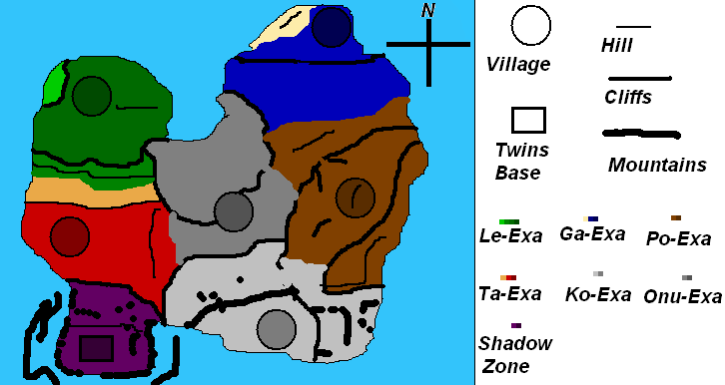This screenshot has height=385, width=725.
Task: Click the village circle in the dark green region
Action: coord(91,96)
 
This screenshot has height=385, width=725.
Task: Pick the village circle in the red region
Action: coord(70,236)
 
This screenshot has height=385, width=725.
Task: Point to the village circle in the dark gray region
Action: coord(234,210)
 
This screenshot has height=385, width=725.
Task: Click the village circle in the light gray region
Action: coord(275,328)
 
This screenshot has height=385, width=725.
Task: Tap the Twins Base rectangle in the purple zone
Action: coord(96,348)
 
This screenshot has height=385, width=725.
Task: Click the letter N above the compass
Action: coord(427,11)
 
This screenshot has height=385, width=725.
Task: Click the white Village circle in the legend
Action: coord(531,26)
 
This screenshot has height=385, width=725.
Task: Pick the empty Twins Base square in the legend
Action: coord(528,120)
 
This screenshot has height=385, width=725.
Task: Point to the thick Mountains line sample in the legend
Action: coord(642,134)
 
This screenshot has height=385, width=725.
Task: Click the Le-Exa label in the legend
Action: coord(510,236)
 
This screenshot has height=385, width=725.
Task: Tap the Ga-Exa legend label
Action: coord(592,234)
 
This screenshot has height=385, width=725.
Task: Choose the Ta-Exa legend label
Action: coord(510,293)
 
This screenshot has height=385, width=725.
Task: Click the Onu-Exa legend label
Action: coord(682,295)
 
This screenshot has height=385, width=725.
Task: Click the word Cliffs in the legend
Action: coord(628,97)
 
